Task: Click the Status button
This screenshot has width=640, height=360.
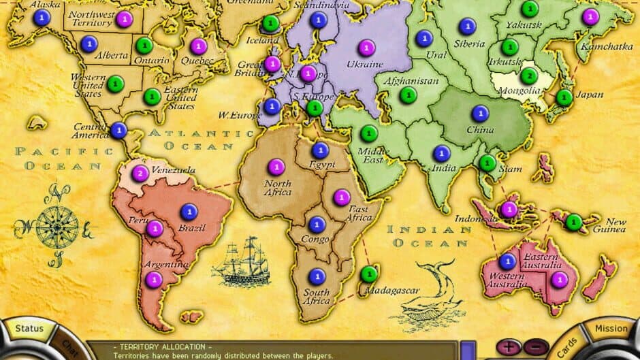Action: (x=25, y=329)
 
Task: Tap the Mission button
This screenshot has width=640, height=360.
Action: (x=611, y=328)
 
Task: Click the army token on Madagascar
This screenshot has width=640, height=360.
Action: (x=369, y=274)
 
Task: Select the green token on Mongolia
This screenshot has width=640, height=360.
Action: (x=530, y=76)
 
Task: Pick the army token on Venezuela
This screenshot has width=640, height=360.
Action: (x=140, y=173)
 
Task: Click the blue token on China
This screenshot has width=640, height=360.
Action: (x=481, y=113)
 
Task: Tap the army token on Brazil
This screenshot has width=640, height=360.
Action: (x=189, y=212)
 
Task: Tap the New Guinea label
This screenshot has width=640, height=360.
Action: (x=615, y=226)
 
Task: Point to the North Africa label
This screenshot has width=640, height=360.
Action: (x=277, y=187)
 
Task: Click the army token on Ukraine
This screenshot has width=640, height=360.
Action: (x=368, y=48)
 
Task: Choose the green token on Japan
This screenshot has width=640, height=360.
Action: (x=564, y=97)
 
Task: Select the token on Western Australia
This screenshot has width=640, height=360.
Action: (x=507, y=261)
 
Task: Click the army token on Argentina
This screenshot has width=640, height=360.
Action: (x=154, y=278)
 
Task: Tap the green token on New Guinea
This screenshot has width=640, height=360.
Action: (x=574, y=221)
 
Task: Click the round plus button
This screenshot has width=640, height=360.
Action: (x=508, y=347)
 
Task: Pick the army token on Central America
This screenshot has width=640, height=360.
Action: (x=119, y=129)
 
